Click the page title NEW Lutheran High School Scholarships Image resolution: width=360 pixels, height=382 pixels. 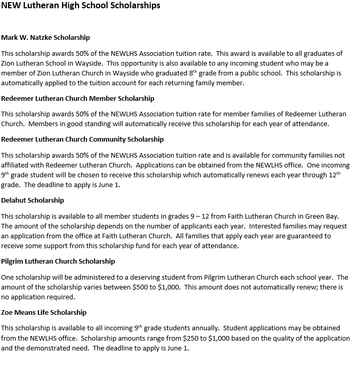[81, 6]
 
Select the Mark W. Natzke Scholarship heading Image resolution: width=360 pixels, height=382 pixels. [46, 38]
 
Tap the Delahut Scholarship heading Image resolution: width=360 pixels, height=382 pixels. [33, 200]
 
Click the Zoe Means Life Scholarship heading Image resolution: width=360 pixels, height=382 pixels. [44, 312]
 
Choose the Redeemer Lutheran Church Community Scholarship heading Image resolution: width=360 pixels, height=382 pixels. [82, 139]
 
